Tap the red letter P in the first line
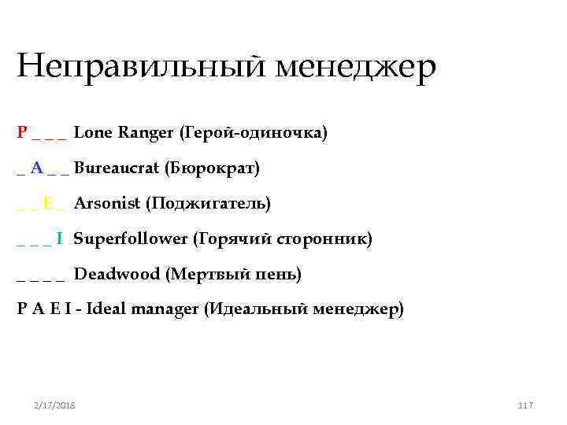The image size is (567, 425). pos(22,132)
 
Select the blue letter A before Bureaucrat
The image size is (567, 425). pos(37,168)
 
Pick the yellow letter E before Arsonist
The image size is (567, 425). pos(49,203)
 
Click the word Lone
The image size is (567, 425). pos(93,132)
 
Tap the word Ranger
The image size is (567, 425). pos(146,132)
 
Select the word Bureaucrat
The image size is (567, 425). pos(117,168)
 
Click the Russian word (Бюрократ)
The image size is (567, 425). pos(212,168)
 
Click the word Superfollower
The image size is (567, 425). pos(131,238)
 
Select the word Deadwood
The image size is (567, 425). pos(117,274)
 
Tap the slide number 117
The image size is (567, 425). pos(526,405)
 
